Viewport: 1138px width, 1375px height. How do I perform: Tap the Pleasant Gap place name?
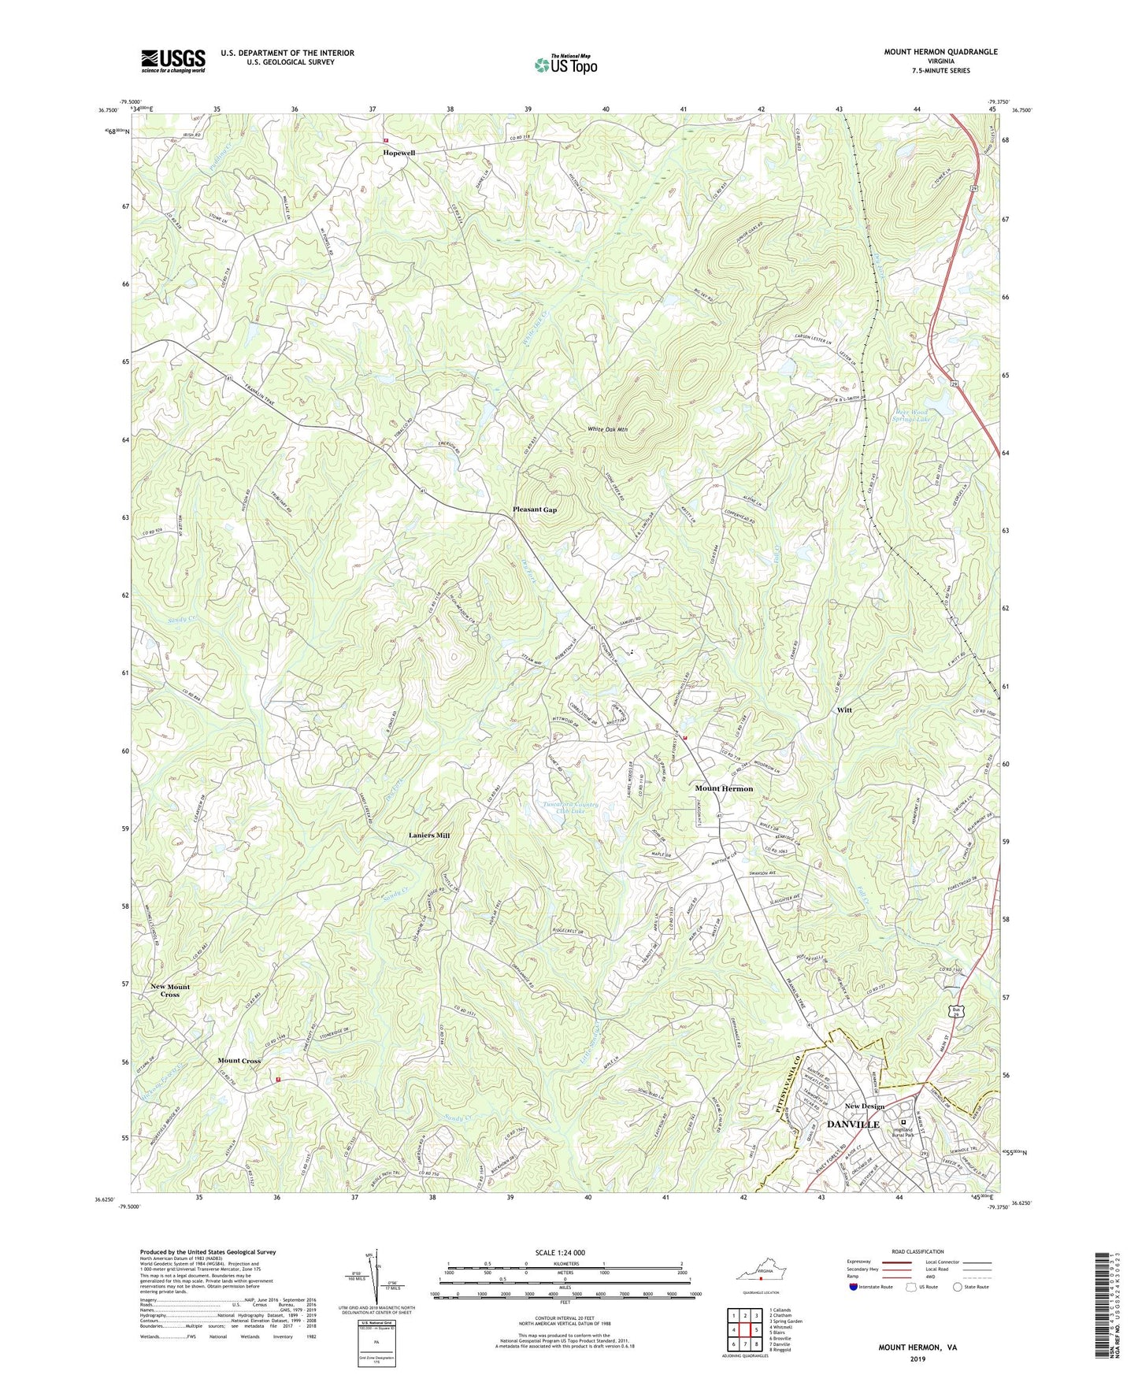click(x=535, y=510)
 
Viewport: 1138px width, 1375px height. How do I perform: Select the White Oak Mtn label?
click(x=608, y=430)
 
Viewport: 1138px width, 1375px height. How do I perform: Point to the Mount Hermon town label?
click(x=724, y=788)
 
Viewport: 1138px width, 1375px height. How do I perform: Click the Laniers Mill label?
click(x=429, y=835)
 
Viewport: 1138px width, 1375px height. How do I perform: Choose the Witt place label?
click(x=844, y=710)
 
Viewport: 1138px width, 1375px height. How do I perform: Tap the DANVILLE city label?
click(x=853, y=1125)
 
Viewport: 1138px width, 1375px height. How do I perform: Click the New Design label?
click(x=865, y=1106)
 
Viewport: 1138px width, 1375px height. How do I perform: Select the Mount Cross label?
click(x=239, y=1061)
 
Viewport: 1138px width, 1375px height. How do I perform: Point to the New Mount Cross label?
click(x=170, y=990)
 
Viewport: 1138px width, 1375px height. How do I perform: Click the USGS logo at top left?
click(x=173, y=61)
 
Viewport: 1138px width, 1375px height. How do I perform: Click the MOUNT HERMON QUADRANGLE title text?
click(x=940, y=52)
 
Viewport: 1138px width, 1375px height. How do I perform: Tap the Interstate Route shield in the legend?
click(x=855, y=1287)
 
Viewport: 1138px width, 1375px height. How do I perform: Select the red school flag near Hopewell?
click(x=386, y=142)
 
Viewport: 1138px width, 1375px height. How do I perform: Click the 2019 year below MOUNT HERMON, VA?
click(x=917, y=1358)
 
